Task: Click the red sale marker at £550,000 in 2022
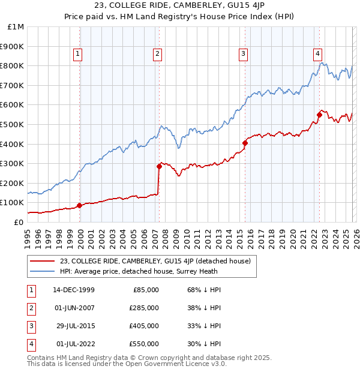319,115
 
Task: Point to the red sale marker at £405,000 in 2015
245,143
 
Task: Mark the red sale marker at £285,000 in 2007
159,166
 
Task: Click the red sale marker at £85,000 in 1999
80,205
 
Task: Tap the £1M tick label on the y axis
16,26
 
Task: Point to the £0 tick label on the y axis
19,222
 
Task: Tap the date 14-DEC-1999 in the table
73,290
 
